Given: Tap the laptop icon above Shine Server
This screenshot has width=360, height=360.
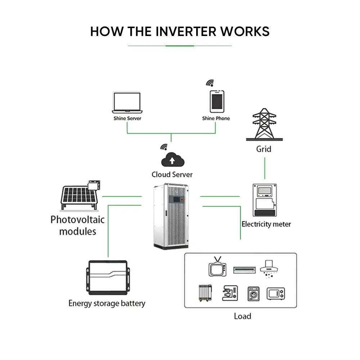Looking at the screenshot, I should point(127,103).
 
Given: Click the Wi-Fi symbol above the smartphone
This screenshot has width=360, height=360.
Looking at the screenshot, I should point(210,83).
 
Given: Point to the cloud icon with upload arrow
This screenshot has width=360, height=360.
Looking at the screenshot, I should point(172,160).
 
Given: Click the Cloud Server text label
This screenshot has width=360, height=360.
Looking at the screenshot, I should point(172,175).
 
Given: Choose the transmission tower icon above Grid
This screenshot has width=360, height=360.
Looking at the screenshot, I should point(264,125).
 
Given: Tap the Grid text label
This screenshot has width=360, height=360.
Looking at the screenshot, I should point(264,149).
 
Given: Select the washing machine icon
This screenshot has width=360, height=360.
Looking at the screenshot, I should point(253,294).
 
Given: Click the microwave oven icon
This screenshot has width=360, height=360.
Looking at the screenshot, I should point(275,293).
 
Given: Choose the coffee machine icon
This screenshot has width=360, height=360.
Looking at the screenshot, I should point(230,293).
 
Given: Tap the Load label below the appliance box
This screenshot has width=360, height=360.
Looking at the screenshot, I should point(242,316).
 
